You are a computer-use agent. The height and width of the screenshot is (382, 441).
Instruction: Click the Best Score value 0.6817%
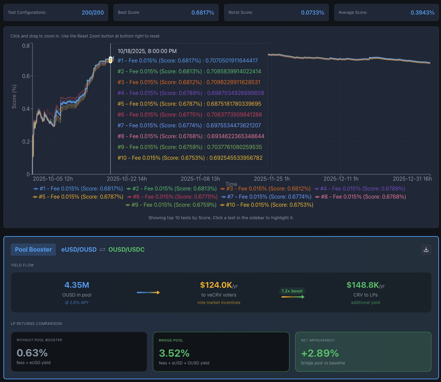(x=202, y=12)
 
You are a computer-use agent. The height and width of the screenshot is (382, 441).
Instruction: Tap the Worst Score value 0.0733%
(x=313, y=12)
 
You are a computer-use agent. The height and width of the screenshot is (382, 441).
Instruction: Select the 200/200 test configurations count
(x=93, y=12)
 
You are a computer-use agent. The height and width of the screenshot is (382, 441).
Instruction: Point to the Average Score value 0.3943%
(x=422, y=12)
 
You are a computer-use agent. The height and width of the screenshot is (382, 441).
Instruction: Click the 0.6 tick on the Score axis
(x=26, y=76)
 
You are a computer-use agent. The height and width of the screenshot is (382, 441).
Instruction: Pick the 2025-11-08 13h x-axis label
(x=200, y=179)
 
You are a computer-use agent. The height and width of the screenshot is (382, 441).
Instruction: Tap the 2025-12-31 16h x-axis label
(x=412, y=179)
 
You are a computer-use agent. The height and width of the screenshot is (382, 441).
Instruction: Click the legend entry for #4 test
(x=360, y=188)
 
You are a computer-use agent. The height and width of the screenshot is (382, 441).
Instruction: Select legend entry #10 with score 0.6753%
(x=267, y=205)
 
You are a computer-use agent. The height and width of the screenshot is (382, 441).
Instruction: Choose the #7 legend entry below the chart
(x=266, y=197)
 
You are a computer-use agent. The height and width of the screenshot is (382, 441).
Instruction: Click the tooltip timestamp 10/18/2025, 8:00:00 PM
(x=147, y=51)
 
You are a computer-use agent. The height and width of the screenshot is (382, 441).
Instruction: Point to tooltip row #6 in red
(x=190, y=114)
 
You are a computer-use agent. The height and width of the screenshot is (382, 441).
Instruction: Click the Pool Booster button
(x=33, y=250)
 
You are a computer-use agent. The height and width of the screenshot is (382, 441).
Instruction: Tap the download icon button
(x=426, y=250)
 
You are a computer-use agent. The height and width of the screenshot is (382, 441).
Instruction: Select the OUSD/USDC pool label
(x=126, y=250)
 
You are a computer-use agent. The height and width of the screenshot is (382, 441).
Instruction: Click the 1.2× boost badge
(x=292, y=291)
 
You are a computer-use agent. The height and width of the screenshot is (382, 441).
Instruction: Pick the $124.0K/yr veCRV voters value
(x=219, y=285)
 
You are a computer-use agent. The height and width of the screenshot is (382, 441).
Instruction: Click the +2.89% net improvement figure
(x=320, y=353)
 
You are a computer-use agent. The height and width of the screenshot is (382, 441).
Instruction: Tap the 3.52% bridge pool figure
(x=174, y=353)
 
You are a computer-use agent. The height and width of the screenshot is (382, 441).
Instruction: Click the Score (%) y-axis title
(x=14, y=97)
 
